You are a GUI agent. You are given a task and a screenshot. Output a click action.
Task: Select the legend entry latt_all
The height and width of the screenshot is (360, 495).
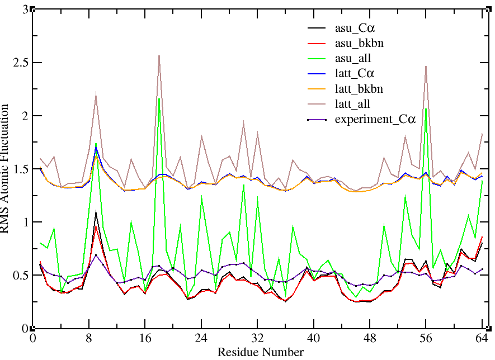click(355, 103)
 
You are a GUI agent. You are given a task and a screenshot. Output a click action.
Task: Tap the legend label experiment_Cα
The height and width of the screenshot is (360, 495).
click(375, 119)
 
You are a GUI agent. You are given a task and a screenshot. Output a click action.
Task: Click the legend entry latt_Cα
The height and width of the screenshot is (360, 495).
click(355, 73)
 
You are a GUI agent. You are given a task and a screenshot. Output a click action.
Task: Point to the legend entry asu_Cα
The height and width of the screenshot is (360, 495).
click(355, 27)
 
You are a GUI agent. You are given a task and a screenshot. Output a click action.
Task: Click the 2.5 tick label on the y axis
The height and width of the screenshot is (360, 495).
click(20, 63)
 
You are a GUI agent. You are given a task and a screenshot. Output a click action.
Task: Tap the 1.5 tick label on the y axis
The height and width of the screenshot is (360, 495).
click(20, 169)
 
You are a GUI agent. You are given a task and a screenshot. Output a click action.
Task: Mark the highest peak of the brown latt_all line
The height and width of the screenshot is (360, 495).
click(159, 55)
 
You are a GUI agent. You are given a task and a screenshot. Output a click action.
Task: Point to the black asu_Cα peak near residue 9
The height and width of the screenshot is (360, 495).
click(96, 211)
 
